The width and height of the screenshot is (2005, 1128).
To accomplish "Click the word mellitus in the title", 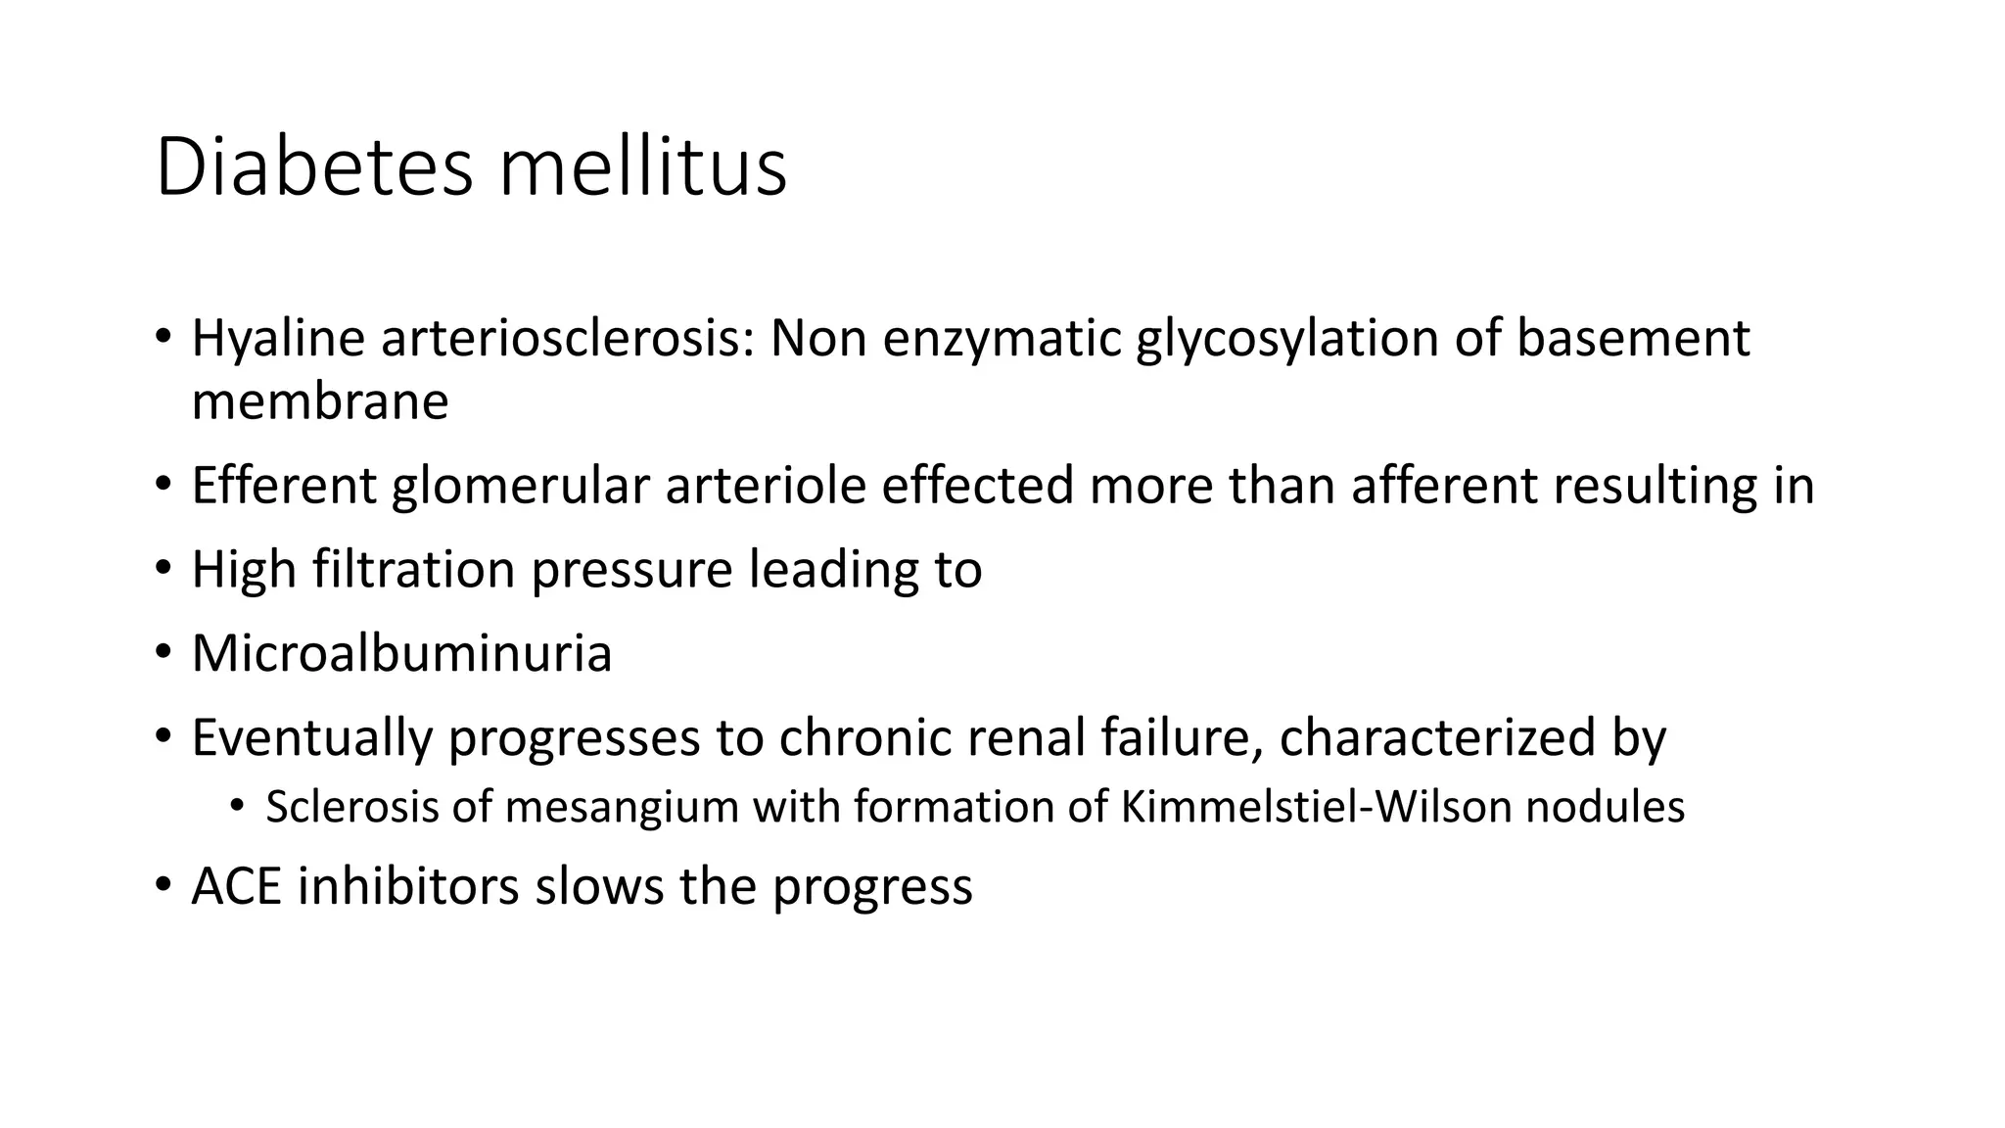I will coord(642,168).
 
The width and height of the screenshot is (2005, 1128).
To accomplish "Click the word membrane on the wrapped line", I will coord(320,401).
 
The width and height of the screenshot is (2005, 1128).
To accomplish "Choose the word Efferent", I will coord(284,486).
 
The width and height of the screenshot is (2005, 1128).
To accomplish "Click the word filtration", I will coord(413,570).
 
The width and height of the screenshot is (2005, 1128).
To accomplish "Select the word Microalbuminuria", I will coord(401,653).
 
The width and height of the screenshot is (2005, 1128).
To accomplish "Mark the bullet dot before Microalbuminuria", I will coord(163,653).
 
